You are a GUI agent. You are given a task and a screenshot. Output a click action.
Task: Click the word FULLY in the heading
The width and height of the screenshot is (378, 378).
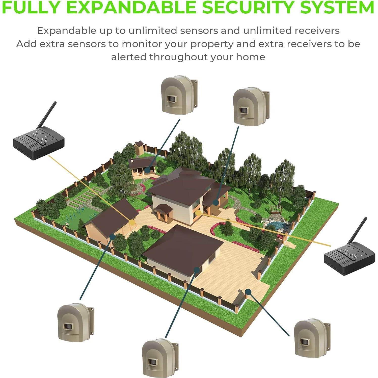(30, 7)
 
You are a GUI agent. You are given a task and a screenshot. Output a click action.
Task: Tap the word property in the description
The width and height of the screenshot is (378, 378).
(212, 44)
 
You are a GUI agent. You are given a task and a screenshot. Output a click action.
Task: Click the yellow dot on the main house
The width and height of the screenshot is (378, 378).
(199, 213)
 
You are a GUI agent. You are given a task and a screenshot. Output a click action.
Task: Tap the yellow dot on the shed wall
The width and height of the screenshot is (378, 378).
(131, 222)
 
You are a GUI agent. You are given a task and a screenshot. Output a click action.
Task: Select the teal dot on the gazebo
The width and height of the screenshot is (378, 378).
(147, 171)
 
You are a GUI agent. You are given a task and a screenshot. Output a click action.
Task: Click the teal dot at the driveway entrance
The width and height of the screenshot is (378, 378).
(248, 292)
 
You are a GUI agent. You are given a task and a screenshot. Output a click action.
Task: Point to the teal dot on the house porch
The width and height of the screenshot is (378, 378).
(216, 202)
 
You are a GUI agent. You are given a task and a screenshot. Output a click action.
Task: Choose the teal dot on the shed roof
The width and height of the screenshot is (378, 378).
(113, 236)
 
